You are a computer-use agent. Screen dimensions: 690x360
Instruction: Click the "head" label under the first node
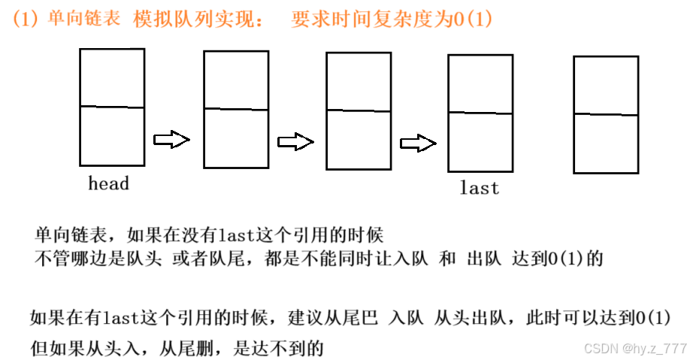[109, 183]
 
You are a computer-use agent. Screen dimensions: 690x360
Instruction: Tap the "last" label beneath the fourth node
[480, 188]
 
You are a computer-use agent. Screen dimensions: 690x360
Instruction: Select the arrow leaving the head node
[171, 139]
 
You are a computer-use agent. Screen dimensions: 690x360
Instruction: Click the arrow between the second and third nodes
[295, 142]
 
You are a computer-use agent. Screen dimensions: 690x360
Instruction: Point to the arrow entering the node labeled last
[418, 143]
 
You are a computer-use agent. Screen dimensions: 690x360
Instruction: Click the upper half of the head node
[112, 77]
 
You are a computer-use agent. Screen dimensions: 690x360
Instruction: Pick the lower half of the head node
[112, 136]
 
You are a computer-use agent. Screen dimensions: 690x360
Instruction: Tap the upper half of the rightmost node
[606, 85]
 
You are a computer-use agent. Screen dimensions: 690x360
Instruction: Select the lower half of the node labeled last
[480, 142]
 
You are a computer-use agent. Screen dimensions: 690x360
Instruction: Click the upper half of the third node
[358, 81]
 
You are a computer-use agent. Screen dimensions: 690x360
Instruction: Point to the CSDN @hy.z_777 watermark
[635, 349]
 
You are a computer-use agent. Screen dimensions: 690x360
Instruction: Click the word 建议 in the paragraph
[301, 317]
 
